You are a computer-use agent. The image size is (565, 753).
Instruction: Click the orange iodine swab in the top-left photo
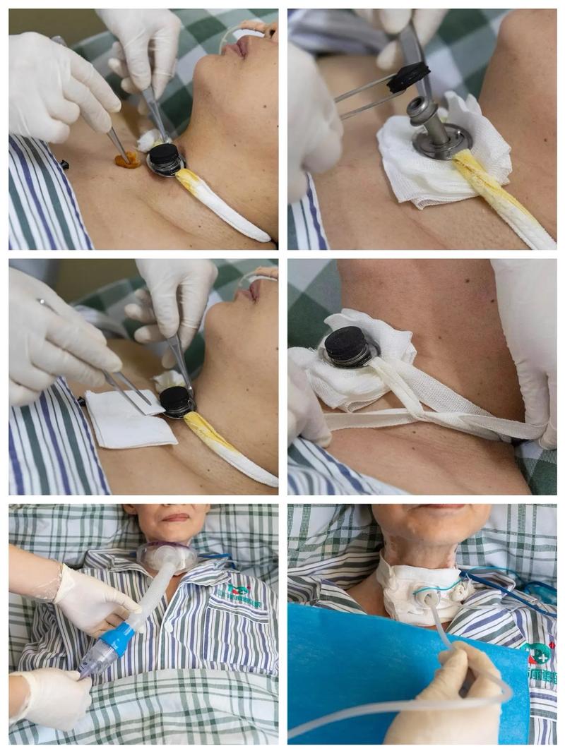[128, 160]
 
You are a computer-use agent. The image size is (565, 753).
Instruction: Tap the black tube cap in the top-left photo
[165, 157]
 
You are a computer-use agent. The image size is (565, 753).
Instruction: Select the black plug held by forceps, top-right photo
[408, 76]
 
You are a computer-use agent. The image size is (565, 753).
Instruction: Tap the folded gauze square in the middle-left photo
[130, 419]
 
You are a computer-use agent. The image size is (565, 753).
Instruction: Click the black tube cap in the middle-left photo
[174, 399]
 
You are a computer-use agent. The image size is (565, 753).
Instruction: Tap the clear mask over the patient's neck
[167, 555]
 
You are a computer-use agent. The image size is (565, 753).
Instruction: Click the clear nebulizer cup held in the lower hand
[95, 659]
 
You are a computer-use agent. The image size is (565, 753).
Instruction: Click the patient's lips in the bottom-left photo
[175, 517]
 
